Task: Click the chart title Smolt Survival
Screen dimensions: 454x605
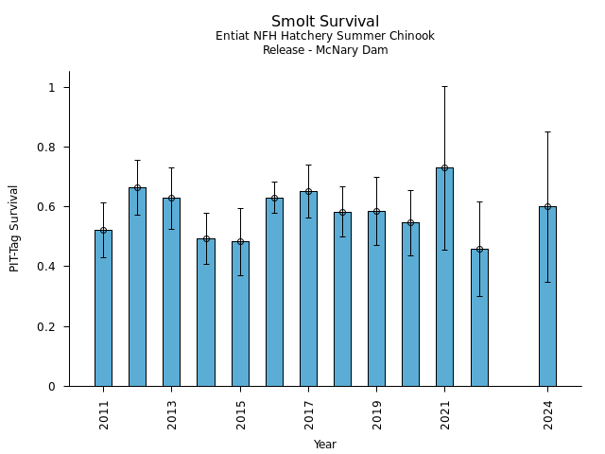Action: [325, 22]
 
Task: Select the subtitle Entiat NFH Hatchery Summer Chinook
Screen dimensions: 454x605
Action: [325, 36]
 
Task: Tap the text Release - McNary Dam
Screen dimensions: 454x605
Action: [325, 50]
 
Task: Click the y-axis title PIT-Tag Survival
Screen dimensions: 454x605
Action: [14, 228]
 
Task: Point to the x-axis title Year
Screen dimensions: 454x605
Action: [325, 445]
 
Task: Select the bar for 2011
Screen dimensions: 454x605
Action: [103, 307]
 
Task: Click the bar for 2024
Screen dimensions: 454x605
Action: [547, 296]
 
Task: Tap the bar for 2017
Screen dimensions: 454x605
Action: [308, 288]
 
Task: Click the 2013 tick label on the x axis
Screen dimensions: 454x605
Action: [172, 413]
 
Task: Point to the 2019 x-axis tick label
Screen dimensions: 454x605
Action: [377, 413]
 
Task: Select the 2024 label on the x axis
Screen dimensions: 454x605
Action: [548, 413]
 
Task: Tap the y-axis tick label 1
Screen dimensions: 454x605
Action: [53, 88]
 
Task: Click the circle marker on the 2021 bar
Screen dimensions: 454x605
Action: [444, 168]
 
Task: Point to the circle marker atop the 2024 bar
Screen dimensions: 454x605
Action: [547, 206]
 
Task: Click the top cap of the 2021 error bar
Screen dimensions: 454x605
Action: [444, 87]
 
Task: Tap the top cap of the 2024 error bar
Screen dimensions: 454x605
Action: [547, 132]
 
